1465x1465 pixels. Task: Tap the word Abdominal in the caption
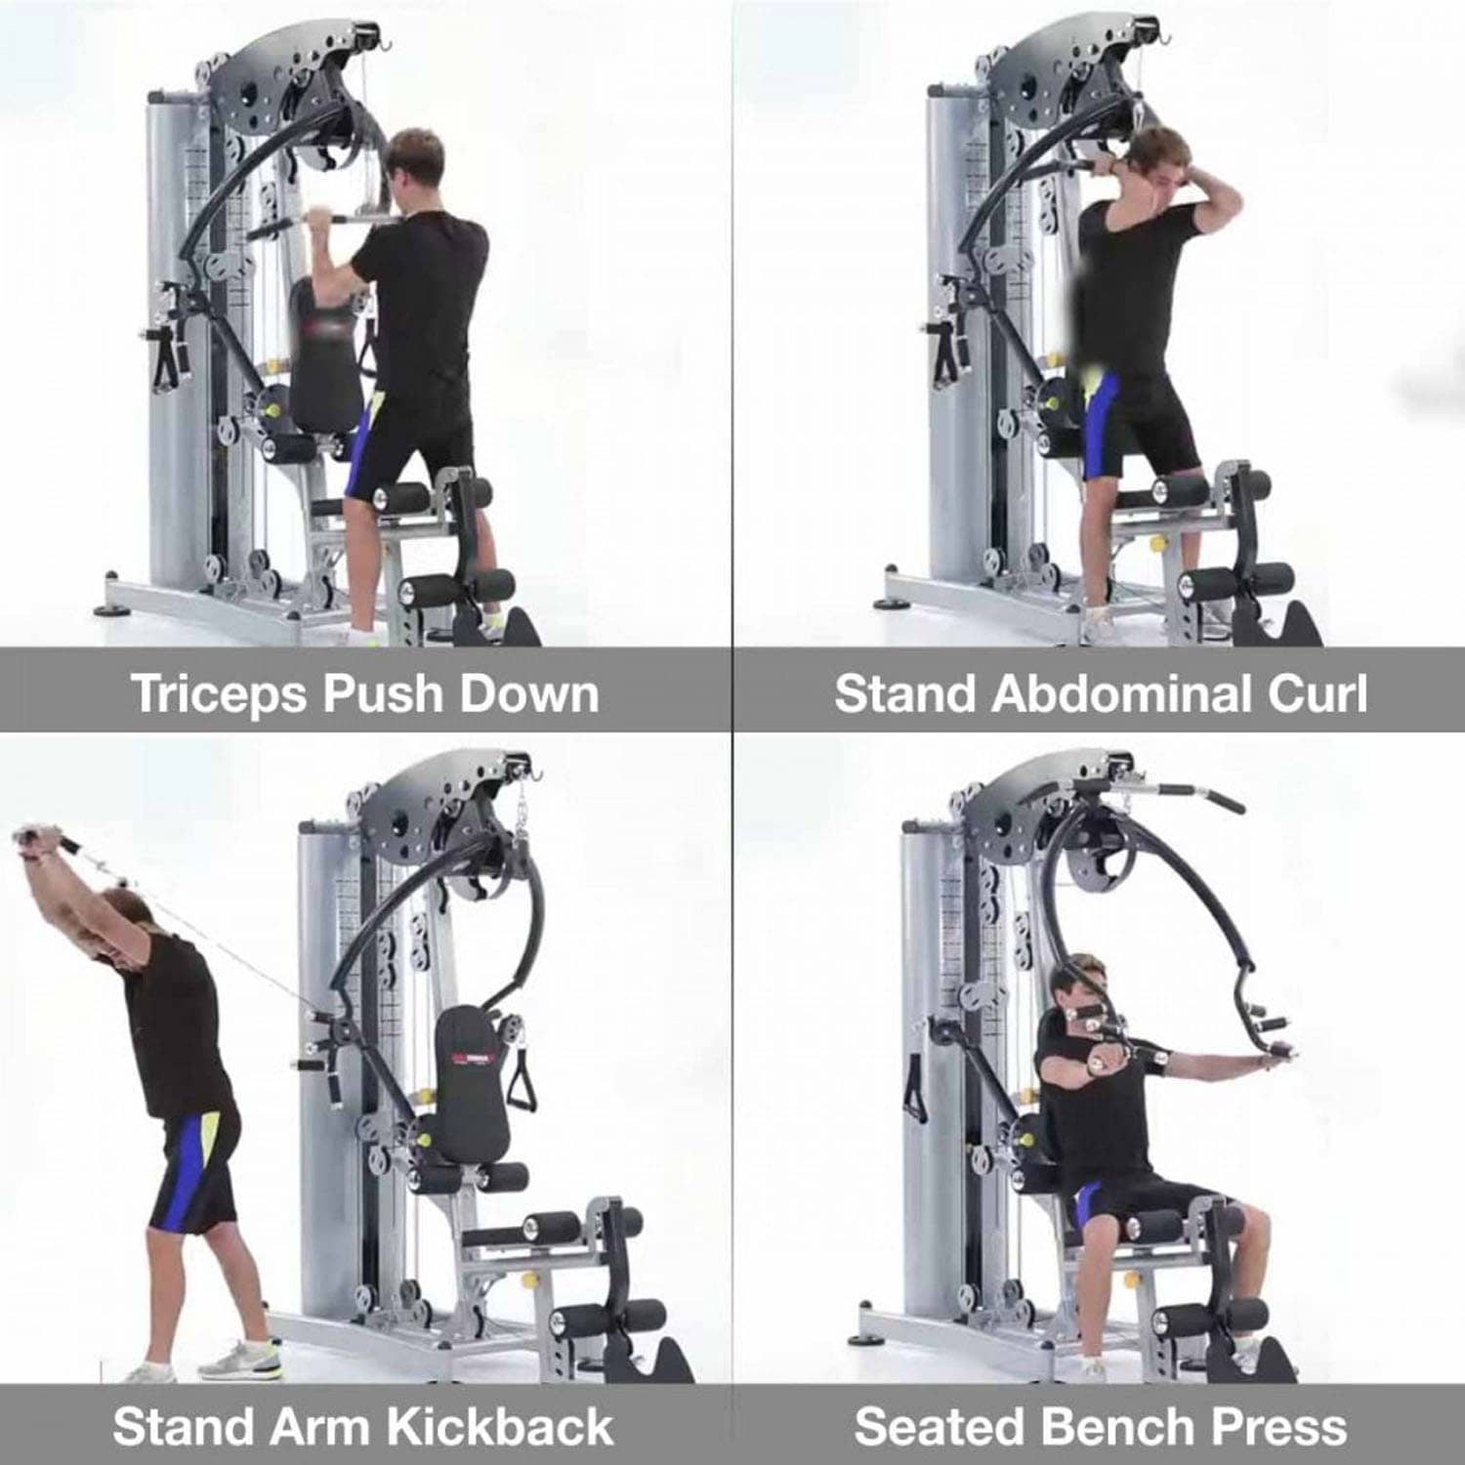coord(1120,693)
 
